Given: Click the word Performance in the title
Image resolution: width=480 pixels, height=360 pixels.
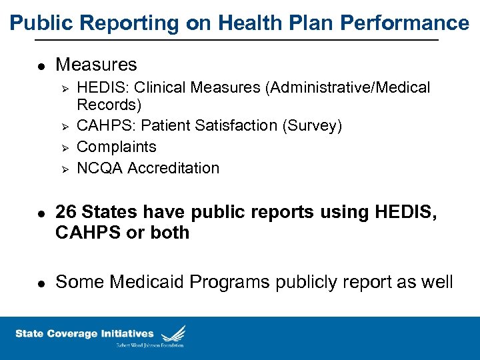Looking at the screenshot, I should (405, 23).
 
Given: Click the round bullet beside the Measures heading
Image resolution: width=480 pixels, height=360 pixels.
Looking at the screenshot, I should (40, 66).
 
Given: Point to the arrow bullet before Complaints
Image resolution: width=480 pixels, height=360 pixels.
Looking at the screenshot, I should (65, 147).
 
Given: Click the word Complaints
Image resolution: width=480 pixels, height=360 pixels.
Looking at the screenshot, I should (117, 147).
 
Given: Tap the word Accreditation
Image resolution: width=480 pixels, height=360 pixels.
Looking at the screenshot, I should (173, 168).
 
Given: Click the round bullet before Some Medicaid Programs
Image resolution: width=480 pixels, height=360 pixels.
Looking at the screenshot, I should (40, 283).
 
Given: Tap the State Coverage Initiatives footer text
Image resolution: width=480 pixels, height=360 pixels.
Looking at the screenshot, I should (84, 333).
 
